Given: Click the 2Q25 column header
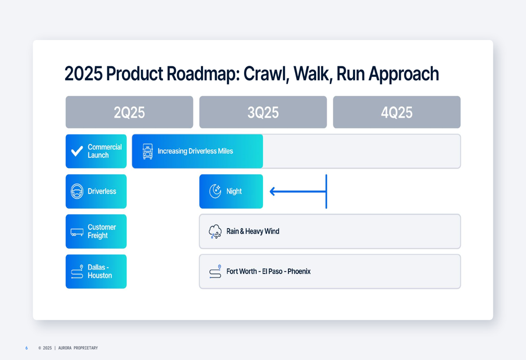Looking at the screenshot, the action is [x=129, y=112].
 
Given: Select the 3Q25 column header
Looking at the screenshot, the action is [x=263, y=112].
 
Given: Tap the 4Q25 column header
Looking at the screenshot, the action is [x=397, y=112].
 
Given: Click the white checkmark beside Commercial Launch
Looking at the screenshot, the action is [x=77, y=151].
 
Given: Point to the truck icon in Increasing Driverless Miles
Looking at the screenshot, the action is [x=148, y=151].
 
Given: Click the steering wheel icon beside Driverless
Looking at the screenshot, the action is [x=77, y=191].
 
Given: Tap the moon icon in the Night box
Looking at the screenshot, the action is [x=215, y=191].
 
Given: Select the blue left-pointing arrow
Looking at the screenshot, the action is [x=298, y=191].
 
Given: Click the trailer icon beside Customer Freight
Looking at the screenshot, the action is [x=77, y=232].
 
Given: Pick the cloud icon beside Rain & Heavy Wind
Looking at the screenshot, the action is [x=215, y=231].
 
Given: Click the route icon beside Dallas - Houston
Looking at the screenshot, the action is [x=77, y=272].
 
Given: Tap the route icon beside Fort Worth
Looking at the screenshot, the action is [x=215, y=272].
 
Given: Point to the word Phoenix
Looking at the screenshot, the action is [x=299, y=271].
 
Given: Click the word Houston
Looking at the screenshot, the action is [x=99, y=275].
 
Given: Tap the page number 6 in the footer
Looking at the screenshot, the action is [x=26, y=348].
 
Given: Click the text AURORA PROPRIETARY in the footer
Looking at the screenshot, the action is [x=78, y=348].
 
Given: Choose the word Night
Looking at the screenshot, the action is [x=234, y=191].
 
